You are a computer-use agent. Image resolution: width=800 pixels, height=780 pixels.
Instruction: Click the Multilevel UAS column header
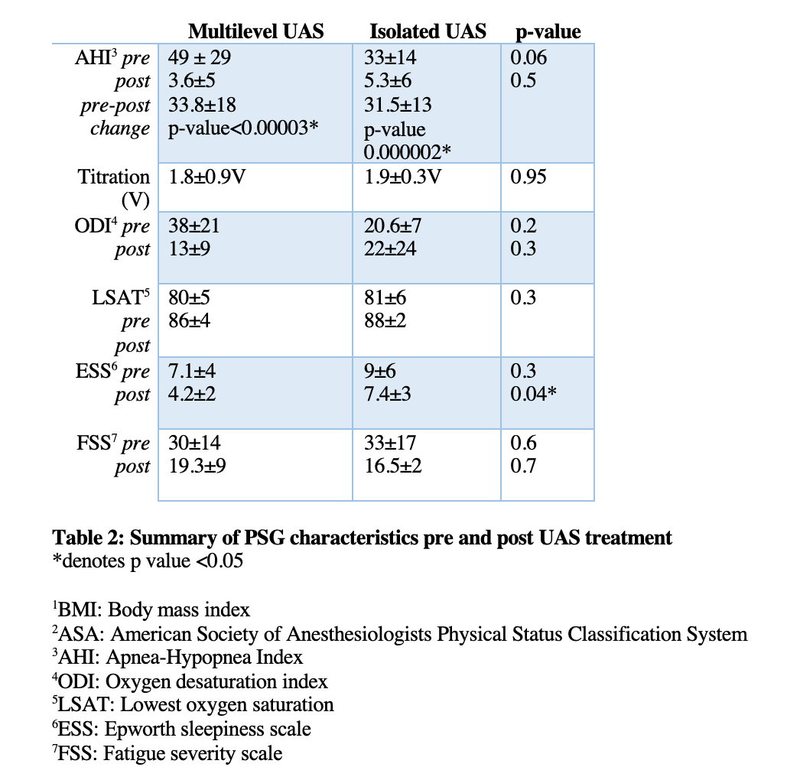click(x=255, y=31)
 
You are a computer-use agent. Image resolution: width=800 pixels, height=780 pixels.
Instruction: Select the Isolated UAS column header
click(x=428, y=31)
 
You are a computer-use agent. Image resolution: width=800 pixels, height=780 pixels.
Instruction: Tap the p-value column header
click(x=548, y=31)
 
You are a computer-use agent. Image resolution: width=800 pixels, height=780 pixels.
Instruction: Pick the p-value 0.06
click(x=528, y=57)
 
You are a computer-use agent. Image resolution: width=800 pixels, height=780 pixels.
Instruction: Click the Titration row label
click(x=114, y=177)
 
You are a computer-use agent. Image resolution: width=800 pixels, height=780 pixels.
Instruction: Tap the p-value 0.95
click(x=528, y=177)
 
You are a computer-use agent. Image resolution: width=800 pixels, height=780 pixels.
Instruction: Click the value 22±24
click(x=390, y=249)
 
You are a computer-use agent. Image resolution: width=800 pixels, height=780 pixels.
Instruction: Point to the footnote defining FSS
click(x=167, y=753)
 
